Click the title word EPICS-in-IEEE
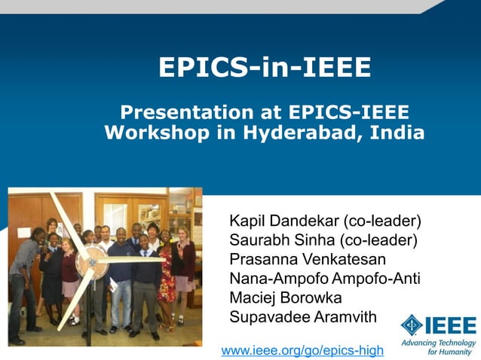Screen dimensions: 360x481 [x=265, y=68]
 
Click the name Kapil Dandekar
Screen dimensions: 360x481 [x=284, y=221]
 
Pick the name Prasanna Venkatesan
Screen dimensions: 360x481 [x=307, y=260]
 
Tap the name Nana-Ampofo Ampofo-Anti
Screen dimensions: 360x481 [x=324, y=279]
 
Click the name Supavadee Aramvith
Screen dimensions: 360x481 [x=302, y=317]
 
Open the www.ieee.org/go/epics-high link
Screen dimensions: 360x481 [x=302, y=350]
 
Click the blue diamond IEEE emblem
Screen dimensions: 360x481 [x=412, y=325]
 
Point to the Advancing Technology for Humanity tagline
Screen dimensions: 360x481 [x=439, y=346]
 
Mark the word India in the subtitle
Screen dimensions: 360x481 [x=401, y=133]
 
